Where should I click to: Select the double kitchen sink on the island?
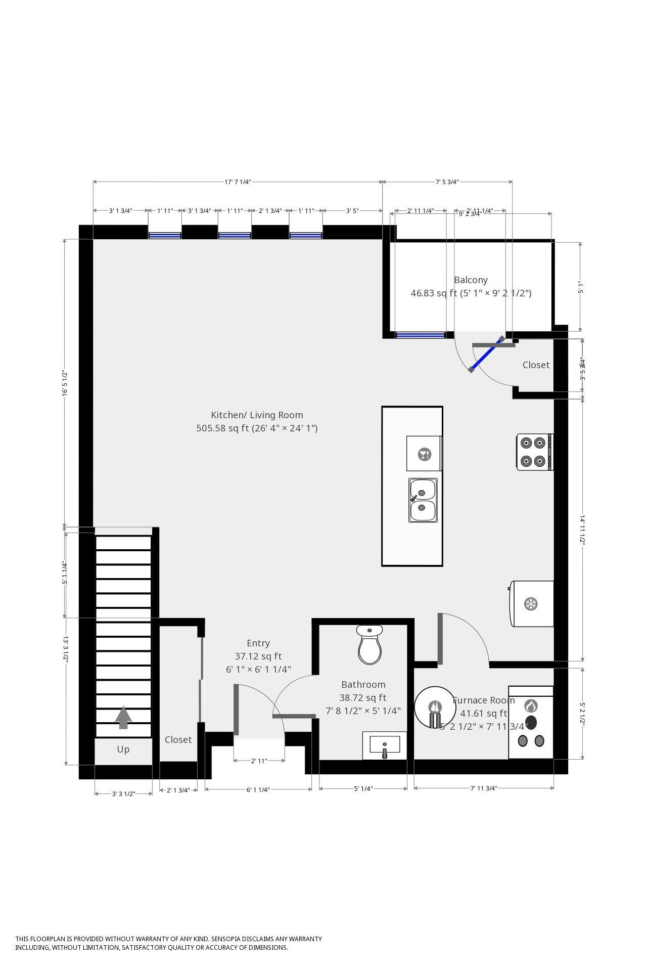click(423, 500)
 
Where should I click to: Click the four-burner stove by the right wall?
click(534, 452)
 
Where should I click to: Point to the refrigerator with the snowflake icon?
click(532, 603)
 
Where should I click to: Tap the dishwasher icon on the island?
click(424, 454)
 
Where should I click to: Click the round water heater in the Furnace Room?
click(435, 708)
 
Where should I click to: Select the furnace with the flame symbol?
click(531, 722)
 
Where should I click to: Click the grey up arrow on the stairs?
click(123, 718)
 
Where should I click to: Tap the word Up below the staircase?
click(123, 749)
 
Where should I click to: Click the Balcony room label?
click(471, 280)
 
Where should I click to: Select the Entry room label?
click(258, 643)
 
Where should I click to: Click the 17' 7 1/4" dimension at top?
click(238, 182)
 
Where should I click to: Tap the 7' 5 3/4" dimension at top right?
click(447, 182)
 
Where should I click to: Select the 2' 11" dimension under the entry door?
click(259, 760)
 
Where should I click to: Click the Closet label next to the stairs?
click(178, 739)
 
